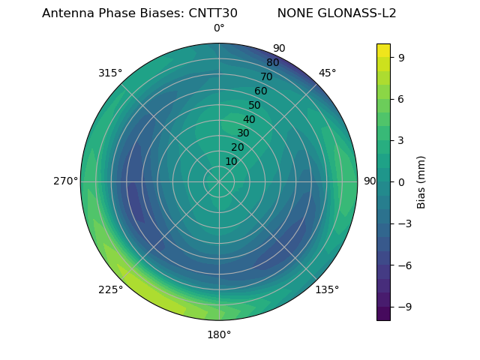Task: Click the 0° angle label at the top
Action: click(x=219, y=28)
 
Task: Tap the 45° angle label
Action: click(x=327, y=73)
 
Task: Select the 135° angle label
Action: click(x=327, y=289)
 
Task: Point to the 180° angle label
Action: click(x=219, y=334)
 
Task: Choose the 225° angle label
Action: click(x=110, y=289)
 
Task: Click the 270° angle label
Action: click(x=65, y=181)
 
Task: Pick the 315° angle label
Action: click(x=110, y=73)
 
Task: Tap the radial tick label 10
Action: click(x=231, y=161)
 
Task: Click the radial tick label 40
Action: click(x=249, y=120)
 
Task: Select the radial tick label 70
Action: click(x=267, y=76)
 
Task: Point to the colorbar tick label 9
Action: click(x=401, y=57)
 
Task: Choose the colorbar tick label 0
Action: click(x=401, y=181)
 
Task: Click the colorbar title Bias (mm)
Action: click(x=421, y=181)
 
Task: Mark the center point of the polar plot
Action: click(x=219, y=181)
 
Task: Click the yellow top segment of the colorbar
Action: click(x=383, y=49)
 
